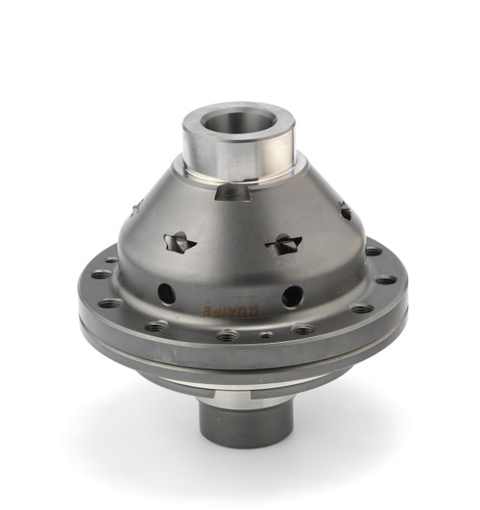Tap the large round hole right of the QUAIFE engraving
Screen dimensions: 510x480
pyautogui.click(x=293, y=296)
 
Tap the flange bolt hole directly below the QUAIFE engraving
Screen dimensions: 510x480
pyautogui.click(x=228, y=336)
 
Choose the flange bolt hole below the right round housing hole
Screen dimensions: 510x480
pyautogui.click(x=302, y=329)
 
